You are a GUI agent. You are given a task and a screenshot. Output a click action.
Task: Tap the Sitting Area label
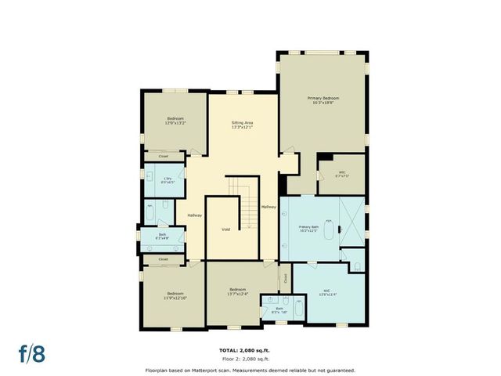242,123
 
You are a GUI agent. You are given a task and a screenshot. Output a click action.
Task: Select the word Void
225,230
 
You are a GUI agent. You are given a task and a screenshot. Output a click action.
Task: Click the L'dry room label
168,179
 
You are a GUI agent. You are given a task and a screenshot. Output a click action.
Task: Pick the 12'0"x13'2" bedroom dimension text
174,123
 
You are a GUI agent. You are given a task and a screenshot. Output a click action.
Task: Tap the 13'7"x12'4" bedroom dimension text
237,294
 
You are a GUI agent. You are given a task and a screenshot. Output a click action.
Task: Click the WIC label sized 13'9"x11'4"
326,294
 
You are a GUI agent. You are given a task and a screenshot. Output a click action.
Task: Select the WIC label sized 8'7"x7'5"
341,175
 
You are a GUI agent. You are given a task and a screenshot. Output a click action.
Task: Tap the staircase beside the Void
246,205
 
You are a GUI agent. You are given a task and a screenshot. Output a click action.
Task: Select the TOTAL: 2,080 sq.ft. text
250,349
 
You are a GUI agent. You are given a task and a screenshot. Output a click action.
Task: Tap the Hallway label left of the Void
194,215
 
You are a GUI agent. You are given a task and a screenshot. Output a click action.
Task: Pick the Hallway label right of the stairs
269,206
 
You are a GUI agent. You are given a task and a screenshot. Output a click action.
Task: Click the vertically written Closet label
286,277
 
